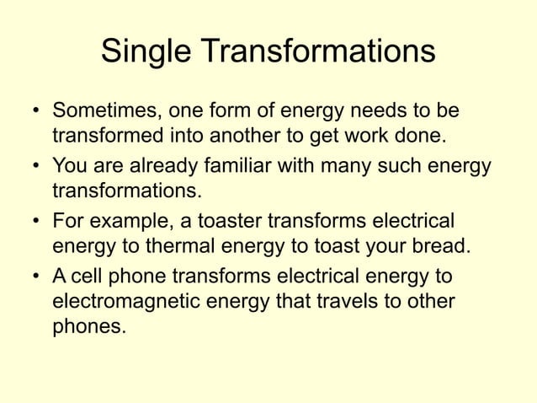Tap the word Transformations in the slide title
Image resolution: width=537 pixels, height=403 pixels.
point(318,53)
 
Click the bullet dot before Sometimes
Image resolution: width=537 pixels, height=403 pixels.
point(36,113)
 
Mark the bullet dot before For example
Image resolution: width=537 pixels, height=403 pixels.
point(36,223)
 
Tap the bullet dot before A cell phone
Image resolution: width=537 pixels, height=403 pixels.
point(36,277)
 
